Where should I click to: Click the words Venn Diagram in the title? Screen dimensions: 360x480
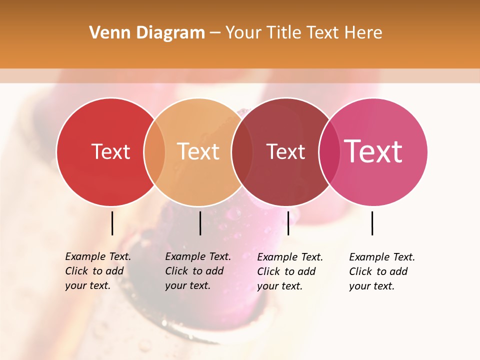coord(147,33)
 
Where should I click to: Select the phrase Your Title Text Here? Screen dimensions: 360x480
coord(303,33)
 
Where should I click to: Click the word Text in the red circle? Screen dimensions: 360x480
coord(110,151)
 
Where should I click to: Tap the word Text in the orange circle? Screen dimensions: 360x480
coord(198,151)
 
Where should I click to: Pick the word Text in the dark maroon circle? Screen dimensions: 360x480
coord(285,151)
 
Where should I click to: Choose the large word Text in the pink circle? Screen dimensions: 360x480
coord(373,151)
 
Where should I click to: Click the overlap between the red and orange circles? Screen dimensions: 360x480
coord(154,151)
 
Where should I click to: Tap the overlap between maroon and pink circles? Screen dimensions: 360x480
coord(329,151)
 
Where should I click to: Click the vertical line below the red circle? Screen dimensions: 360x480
coord(112,223)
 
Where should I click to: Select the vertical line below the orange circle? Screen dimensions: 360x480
coord(200,223)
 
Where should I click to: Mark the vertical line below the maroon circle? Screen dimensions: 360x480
coord(288,223)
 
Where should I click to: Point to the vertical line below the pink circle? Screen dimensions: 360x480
coord(372,223)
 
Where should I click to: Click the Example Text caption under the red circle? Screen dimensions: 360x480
coord(98,271)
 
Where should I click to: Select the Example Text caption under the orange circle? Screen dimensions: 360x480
coord(198,271)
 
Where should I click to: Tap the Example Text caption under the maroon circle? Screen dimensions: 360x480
coord(290,271)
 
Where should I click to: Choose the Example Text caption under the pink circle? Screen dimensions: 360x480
coord(382,271)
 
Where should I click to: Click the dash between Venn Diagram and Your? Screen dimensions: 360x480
coord(215,33)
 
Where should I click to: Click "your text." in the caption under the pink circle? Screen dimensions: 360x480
coord(371,286)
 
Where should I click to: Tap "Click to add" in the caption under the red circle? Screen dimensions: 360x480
coord(94,271)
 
